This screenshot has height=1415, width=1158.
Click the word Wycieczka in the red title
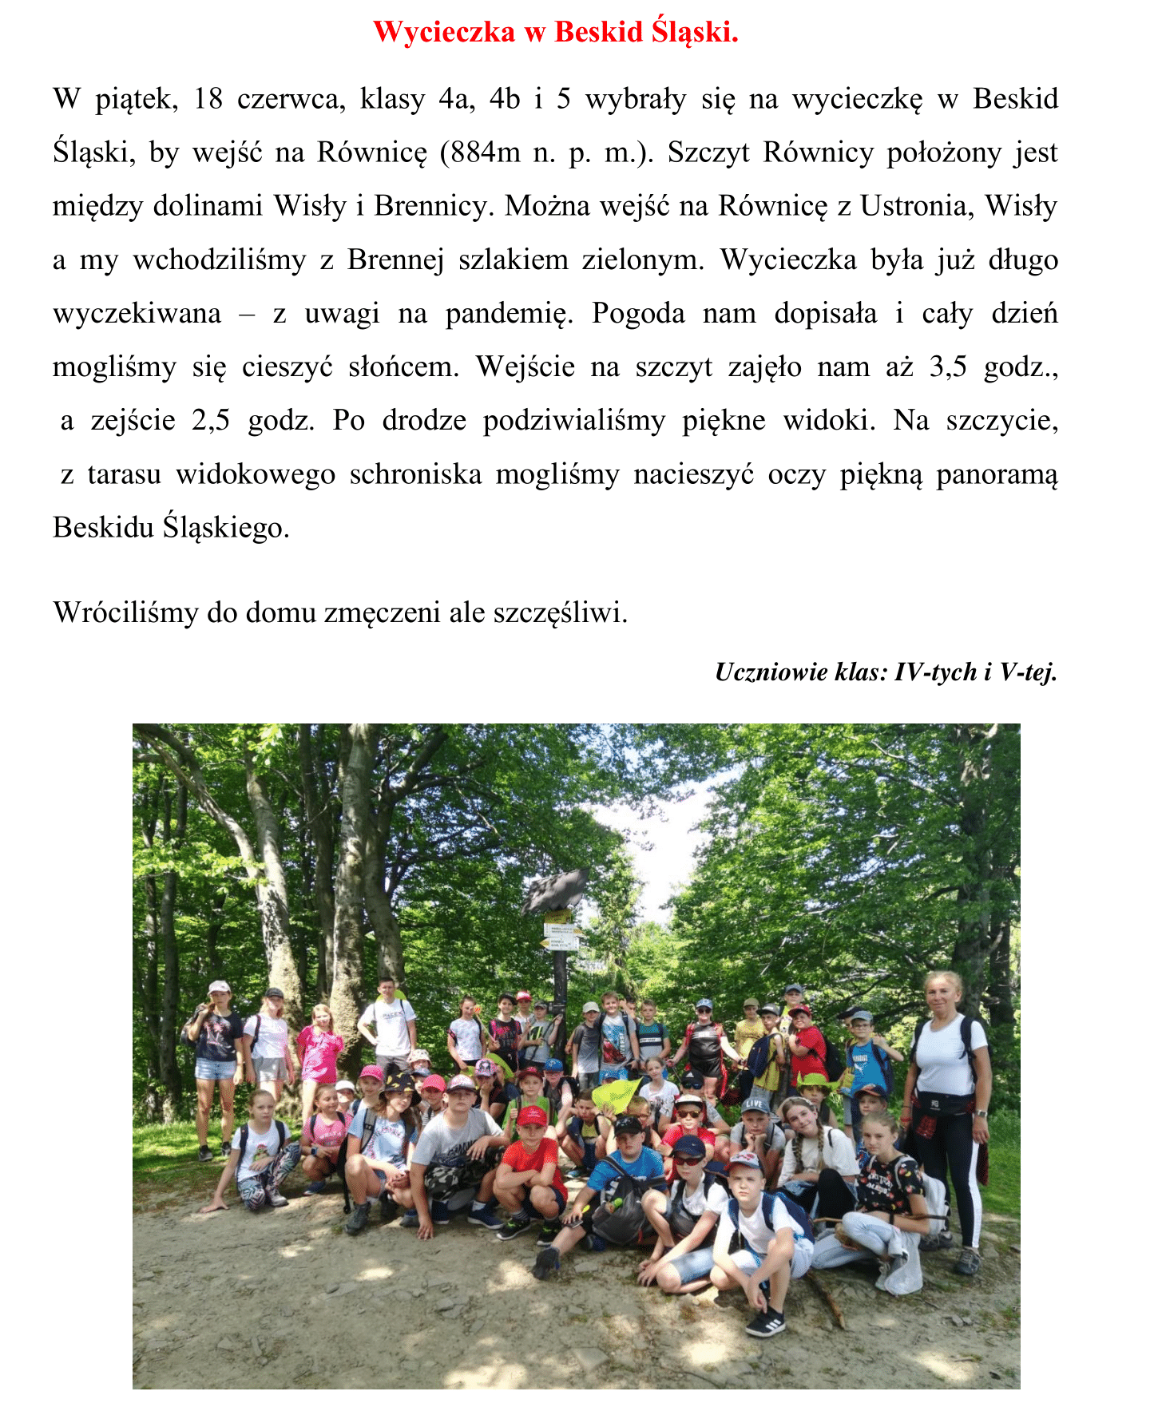click(444, 32)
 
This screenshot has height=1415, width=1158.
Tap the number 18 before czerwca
click(208, 99)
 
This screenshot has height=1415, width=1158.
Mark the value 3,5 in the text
click(948, 367)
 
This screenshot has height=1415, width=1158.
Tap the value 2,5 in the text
click(211, 420)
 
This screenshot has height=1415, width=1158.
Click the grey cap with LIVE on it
click(754, 1105)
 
